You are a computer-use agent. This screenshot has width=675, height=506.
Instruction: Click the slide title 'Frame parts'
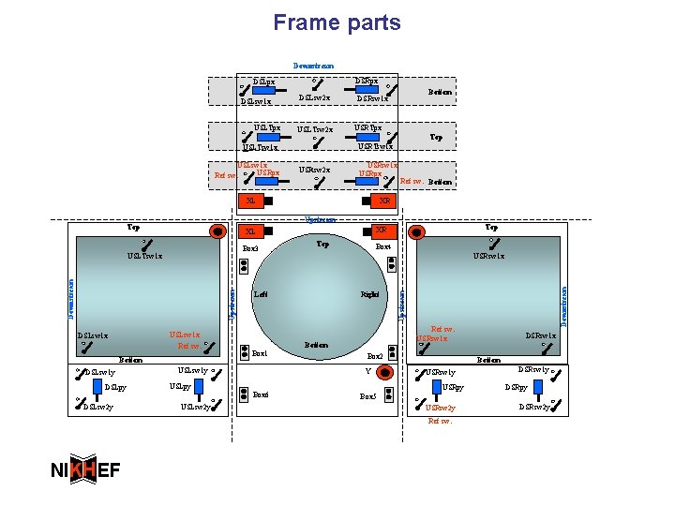337,22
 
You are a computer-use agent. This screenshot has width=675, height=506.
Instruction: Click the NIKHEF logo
84,470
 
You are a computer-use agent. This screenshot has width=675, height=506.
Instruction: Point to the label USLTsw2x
315,130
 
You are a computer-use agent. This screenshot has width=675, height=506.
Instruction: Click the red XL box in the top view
250,201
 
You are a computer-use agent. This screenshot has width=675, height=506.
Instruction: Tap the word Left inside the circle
261,294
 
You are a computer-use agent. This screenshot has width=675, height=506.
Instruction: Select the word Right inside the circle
370,294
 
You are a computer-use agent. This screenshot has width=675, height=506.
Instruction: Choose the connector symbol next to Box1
246,352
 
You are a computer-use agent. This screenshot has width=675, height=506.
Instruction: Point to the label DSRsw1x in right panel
540,335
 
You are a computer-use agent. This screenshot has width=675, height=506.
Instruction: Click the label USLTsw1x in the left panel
145,255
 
